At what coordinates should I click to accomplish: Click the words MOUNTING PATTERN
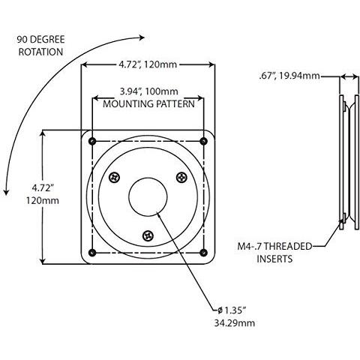148,104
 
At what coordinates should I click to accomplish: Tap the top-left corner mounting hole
91,141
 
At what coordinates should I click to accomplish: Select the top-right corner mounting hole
205,141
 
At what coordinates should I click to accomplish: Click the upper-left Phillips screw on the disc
115,177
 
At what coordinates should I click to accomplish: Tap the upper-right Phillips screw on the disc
181,177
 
